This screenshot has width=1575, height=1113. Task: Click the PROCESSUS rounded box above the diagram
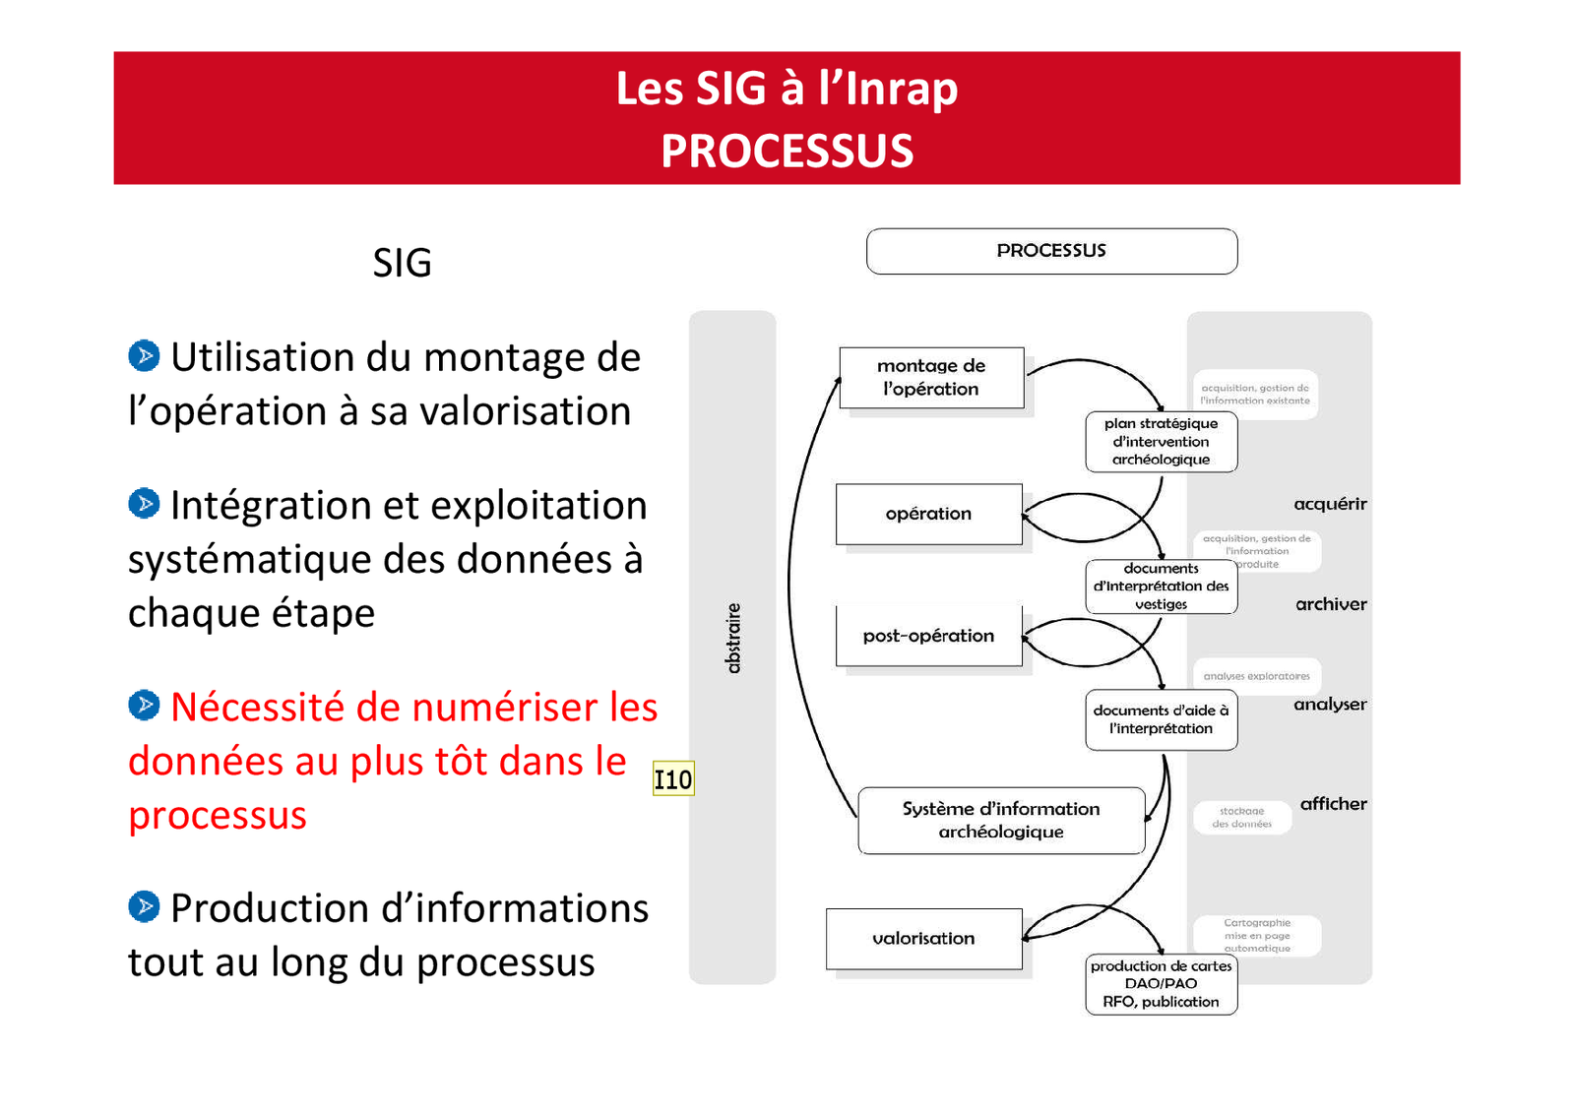point(1051,251)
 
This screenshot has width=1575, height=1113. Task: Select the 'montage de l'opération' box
point(931,378)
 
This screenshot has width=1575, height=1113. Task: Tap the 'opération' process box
point(928,514)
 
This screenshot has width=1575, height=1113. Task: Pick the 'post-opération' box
point(928,636)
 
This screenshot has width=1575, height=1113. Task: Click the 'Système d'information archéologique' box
point(1001,820)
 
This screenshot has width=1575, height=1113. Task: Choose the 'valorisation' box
point(923,939)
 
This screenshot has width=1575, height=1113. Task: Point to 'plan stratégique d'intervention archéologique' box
point(1161,442)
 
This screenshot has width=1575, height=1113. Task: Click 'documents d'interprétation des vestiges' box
point(1161,587)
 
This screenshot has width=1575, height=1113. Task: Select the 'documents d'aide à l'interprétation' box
point(1161,719)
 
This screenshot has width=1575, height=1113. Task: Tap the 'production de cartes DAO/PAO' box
point(1161,984)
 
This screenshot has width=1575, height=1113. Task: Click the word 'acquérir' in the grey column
point(1330,504)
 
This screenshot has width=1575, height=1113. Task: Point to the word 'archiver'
point(1331,604)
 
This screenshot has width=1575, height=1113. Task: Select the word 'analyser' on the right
point(1330,705)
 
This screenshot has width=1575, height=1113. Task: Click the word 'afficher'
point(1333,804)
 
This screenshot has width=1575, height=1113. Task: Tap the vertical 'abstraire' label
point(732,639)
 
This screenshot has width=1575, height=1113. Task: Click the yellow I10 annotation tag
point(673,779)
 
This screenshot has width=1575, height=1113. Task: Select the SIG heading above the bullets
point(402,263)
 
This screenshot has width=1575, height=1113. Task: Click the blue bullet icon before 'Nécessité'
point(144,705)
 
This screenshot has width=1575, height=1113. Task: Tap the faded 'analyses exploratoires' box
point(1256,676)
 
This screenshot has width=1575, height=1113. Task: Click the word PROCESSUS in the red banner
point(787,152)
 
